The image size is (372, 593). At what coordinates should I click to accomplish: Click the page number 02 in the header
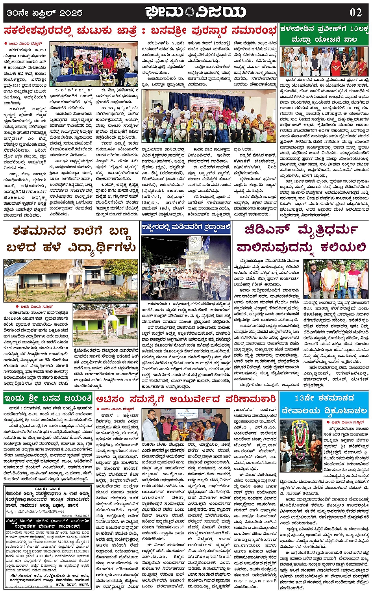click(x=355, y=12)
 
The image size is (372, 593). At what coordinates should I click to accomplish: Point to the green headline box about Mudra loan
click(x=324, y=34)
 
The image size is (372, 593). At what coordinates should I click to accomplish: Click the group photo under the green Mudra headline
click(x=324, y=62)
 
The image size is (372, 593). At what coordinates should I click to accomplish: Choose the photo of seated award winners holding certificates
click(x=208, y=116)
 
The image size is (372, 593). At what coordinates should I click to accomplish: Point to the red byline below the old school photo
click(x=34, y=306)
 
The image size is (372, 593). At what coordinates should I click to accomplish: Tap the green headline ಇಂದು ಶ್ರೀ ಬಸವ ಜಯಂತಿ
click(x=48, y=398)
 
